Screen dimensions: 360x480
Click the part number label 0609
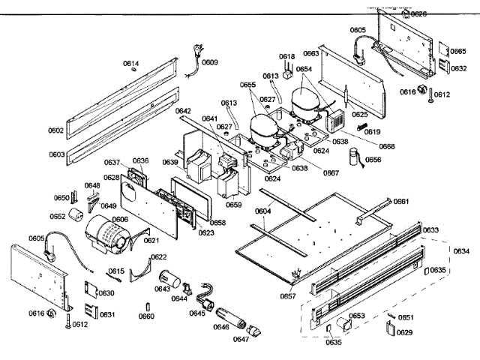tap(210, 62)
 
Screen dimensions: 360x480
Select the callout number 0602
tap(55, 130)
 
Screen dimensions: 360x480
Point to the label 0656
tap(373, 160)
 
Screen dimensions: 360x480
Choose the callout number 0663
tap(310, 54)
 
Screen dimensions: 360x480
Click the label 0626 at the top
tap(418, 14)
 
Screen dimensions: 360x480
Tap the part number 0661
tap(401, 202)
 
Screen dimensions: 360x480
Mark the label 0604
tap(263, 212)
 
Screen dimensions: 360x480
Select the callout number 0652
tap(58, 216)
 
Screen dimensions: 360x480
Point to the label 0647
tap(241, 339)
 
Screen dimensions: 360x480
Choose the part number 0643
tap(162, 288)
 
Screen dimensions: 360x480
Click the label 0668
tap(386, 145)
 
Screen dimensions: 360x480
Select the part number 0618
tap(286, 57)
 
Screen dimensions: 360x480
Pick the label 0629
tap(404, 332)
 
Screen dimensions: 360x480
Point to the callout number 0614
tap(130, 64)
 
